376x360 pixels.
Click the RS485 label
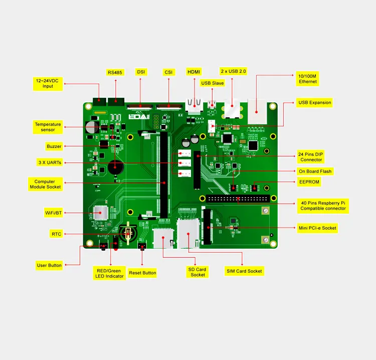click(x=115, y=73)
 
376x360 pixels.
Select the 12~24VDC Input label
click(x=48, y=83)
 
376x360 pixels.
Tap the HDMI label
click(x=194, y=72)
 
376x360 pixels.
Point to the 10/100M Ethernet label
click(x=308, y=79)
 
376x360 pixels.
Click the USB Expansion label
click(x=314, y=103)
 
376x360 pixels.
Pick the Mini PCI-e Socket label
click(x=317, y=228)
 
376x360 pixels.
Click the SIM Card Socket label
click(x=244, y=271)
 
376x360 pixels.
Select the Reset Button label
click(x=142, y=273)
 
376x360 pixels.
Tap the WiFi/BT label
click(x=53, y=213)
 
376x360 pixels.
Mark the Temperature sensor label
click(x=48, y=127)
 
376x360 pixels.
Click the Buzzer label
click(x=54, y=146)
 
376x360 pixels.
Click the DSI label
click(x=141, y=72)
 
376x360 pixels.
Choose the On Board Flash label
click(x=315, y=171)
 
